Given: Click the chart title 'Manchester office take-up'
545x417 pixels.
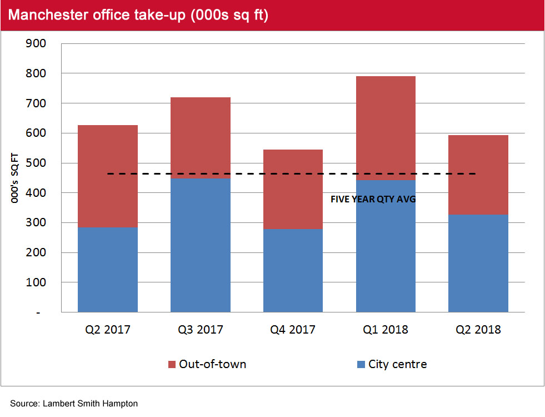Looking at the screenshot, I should point(138,15).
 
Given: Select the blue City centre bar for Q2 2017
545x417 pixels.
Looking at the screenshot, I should point(108,270).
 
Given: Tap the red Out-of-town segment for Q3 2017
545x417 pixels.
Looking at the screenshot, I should point(201,138).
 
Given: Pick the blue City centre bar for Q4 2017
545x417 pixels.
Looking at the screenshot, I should point(293,270).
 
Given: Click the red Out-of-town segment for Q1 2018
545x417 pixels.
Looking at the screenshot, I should point(386,128).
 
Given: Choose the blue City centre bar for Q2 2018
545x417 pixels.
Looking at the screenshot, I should point(478,263).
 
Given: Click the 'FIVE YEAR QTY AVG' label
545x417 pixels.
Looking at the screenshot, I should point(373,199).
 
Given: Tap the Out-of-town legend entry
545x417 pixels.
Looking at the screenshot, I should point(207,364).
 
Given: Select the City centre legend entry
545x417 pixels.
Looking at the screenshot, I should point(392,364).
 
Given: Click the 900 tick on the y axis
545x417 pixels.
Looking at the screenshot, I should point(37,43).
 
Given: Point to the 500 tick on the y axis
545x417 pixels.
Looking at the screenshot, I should point(37,163).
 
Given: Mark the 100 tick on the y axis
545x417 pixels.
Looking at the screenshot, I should point(37,282).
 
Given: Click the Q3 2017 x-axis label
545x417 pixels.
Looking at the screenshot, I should point(201,330).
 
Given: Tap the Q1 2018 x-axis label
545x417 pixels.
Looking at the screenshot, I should point(386,330).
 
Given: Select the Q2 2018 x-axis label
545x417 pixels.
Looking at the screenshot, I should point(478,330).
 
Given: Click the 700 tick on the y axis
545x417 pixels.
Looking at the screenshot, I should point(37,103).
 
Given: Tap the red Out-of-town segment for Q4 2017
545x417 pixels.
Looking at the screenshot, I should point(293,189).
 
